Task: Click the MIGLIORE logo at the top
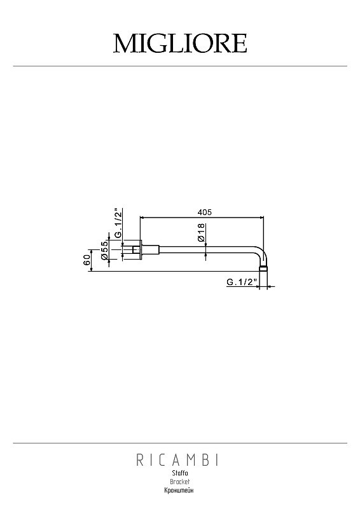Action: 180,43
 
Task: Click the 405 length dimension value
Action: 205,212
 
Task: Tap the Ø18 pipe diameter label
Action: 201,232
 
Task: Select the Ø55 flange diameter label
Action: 104,250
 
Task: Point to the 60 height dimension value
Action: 87,260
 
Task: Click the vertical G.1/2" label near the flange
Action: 118,223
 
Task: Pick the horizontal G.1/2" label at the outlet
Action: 242,282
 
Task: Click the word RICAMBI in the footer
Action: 177,460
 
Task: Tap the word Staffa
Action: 180,473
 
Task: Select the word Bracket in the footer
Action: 180,482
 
